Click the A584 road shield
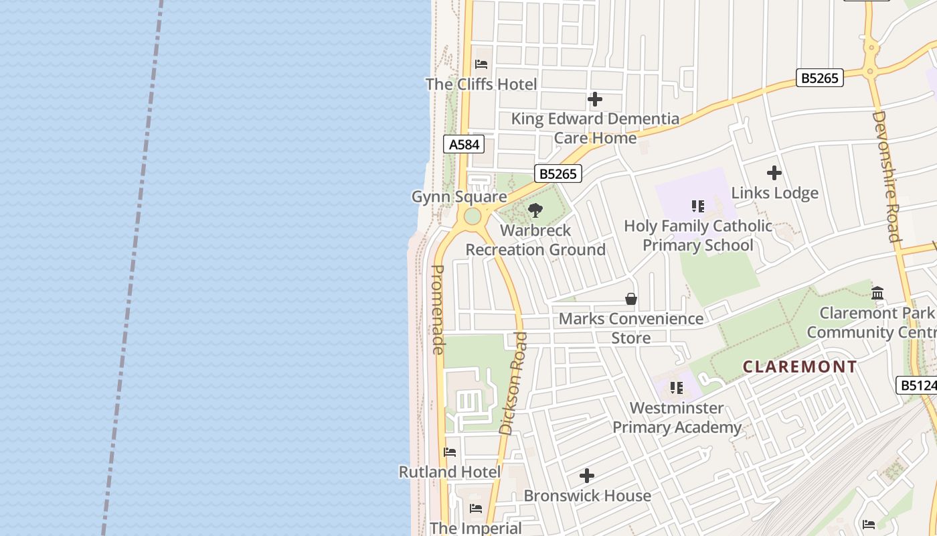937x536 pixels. [x=463, y=144]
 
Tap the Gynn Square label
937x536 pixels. [x=459, y=197]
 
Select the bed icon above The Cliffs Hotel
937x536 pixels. [x=481, y=64]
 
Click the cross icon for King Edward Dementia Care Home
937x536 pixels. [x=594, y=100]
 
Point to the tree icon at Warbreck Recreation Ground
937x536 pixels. [x=535, y=211]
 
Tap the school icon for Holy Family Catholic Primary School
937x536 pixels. [x=697, y=206]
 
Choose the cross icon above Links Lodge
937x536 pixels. [x=774, y=173]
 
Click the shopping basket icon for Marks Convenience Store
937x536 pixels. [x=630, y=299]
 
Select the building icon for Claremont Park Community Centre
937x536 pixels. [x=877, y=293]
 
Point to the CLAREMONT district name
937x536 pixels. [x=800, y=366]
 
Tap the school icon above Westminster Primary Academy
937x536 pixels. [x=677, y=388]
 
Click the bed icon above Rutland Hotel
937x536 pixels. [x=450, y=452]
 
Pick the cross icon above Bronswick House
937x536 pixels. [x=587, y=476]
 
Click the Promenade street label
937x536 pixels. [x=438, y=310]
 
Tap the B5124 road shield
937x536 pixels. [x=916, y=385]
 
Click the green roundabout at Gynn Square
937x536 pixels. [x=473, y=216]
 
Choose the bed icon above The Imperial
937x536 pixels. [x=476, y=508]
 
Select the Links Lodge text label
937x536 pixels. [x=774, y=193]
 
